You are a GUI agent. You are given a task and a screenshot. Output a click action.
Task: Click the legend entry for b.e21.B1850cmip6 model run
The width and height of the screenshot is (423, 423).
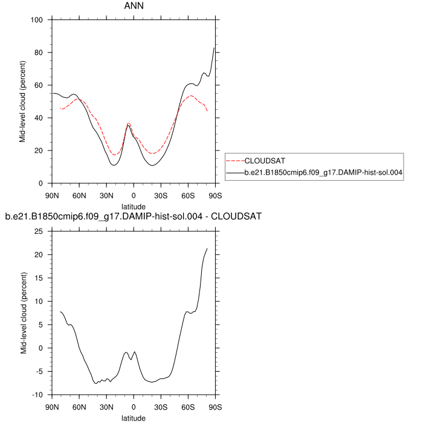(x=323, y=173)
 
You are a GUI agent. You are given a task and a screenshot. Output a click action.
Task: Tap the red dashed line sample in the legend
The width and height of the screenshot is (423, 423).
(x=234, y=161)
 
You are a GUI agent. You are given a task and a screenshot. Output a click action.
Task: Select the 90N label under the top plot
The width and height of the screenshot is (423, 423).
(x=52, y=196)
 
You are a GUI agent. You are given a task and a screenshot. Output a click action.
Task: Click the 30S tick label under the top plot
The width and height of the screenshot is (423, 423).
(x=161, y=196)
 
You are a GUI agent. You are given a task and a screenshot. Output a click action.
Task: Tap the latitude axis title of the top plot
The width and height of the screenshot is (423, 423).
(x=134, y=206)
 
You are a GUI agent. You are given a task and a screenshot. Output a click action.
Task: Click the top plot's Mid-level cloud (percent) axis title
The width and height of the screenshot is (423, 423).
(x=22, y=102)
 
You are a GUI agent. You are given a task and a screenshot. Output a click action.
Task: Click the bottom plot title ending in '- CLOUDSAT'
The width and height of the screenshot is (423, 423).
(x=133, y=216)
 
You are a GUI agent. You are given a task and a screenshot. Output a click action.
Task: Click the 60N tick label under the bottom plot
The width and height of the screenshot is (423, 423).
(x=79, y=407)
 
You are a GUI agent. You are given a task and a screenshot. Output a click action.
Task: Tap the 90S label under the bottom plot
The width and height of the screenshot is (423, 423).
(x=215, y=407)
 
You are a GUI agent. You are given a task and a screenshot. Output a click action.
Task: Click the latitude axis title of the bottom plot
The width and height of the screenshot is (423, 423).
(x=134, y=418)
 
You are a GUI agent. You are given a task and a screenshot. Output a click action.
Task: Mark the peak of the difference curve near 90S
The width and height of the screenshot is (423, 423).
(x=207, y=248)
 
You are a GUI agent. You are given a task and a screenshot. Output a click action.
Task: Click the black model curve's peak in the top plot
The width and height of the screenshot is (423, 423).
(x=215, y=47)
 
